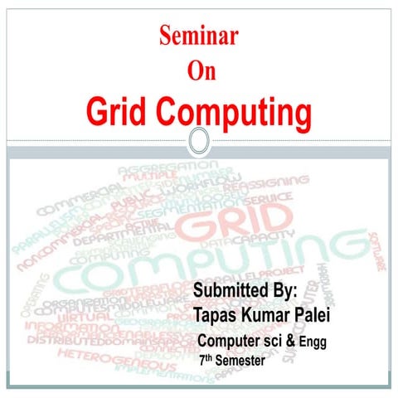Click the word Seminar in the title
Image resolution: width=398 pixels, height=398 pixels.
tap(198, 36)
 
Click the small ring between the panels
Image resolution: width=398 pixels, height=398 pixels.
tap(198, 141)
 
